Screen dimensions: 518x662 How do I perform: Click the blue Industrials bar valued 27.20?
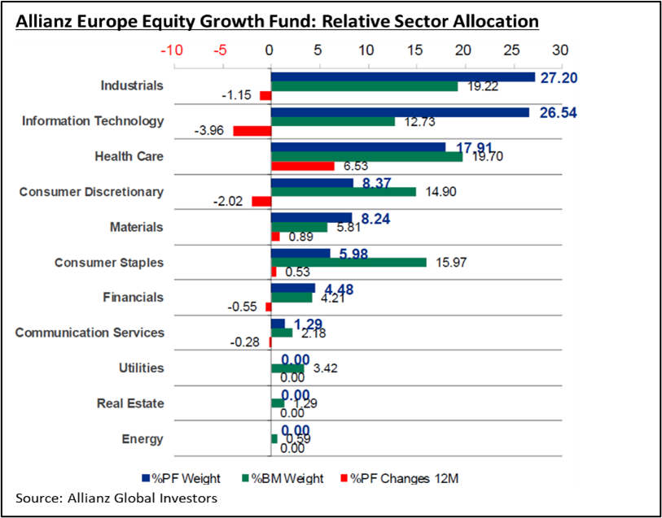click(x=402, y=77)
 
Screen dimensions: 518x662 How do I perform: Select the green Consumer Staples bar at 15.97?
click(x=348, y=262)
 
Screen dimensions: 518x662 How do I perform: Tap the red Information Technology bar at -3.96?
click(x=252, y=131)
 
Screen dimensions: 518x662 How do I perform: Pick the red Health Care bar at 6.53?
click(x=302, y=166)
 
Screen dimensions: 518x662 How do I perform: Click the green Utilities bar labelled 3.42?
click(x=287, y=368)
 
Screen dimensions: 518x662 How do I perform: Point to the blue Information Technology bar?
click(x=399, y=112)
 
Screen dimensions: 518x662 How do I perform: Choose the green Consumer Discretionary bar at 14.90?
click(x=343, y=192)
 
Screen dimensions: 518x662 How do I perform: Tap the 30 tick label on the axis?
click(x=560, y=50)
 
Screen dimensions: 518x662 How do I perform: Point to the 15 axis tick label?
click(x=415, y=50)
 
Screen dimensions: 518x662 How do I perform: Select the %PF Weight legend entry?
click(x=181, y=478)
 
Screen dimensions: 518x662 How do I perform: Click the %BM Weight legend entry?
click(x=283, y=478)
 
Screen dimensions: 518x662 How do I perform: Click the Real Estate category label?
click(x=130, y=403)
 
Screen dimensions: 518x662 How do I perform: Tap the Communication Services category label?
click(x=90, y=333)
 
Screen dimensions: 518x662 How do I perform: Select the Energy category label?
click(x=142, y=439)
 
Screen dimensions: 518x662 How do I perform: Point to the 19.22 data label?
click(x=478, y=86)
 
